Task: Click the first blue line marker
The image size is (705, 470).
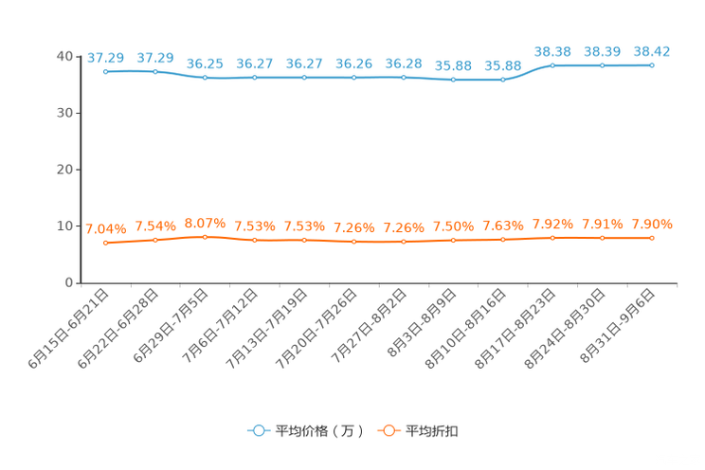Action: tap(105, 71)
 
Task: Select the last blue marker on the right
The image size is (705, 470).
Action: tap(652, 65)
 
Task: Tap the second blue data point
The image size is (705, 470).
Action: tap(154, 71)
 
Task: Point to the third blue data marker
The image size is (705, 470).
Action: tap(205, 78)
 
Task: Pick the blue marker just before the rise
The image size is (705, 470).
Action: tap(502, 81)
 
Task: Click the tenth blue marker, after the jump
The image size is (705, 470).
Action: tap(552, 65)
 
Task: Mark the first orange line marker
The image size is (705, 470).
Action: tap(105, 244)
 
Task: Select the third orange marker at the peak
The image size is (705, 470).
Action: tap(205, 237)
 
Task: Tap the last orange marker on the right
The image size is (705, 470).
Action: tap(652, 238)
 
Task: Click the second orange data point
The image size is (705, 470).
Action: tap(154, 240)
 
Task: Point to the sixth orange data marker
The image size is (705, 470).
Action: tap(353, 243)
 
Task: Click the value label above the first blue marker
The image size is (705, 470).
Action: tap(105, 58)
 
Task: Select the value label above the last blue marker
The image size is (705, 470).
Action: tap(652, 51)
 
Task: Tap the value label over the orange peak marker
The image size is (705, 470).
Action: tap(205, 223)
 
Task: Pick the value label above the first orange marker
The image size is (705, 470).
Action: tap(105, 228)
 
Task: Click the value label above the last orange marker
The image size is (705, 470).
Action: tap(652, 224)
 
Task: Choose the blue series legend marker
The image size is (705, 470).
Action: tap(257, 430)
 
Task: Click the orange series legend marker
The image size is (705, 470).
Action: tap(387, 430)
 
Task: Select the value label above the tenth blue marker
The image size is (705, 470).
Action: tap(552, 51)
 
